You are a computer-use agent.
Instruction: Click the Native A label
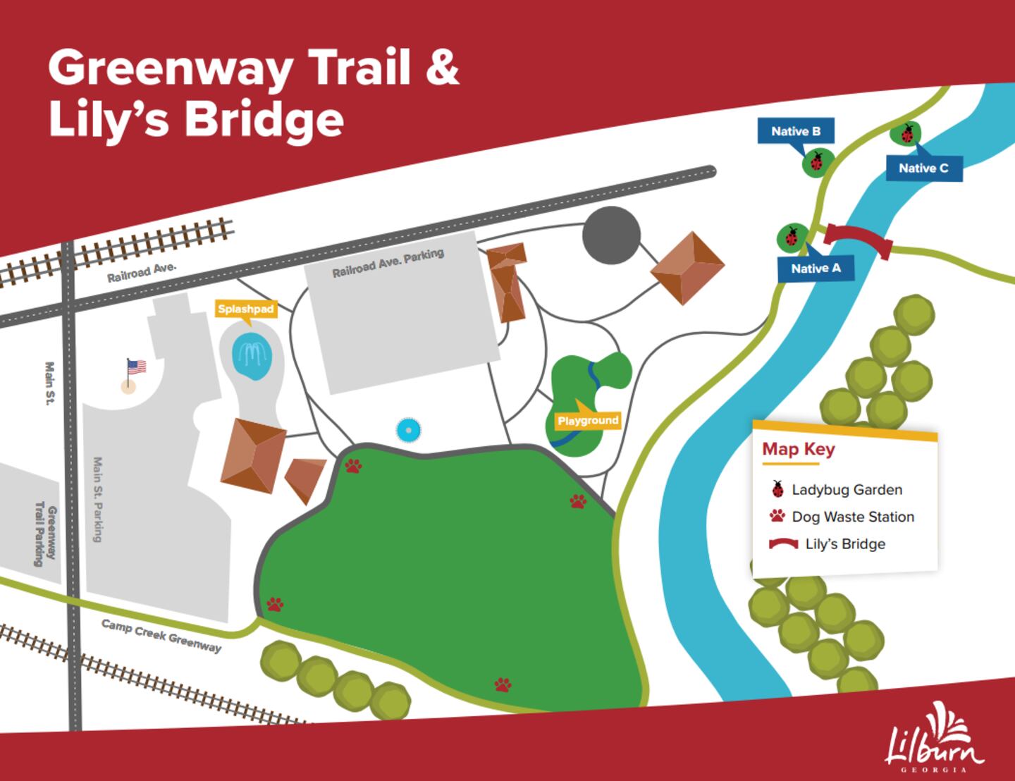pyautogui.click(x=816, y=269)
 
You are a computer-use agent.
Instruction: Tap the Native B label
pyautogui.click(x=796, y=131)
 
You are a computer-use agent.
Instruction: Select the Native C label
pyautogui.click(x=923, y=168)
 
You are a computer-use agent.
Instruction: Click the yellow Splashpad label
pyautogui.click(x=245, y=309)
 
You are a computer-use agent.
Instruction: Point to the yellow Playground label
pyautogui.click(x=588, y=421)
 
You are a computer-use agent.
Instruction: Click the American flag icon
pyautogui.click(x=135, y=368)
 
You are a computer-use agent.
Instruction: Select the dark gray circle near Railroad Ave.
pyautogui.click(x=612, y=235)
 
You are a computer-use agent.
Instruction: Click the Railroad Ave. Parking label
pyautogui.click(x=388, y=263)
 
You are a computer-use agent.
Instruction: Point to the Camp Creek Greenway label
pyautogui.click(x=161, y=636)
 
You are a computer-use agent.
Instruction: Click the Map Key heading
pyautogui.click(x=799, y=450)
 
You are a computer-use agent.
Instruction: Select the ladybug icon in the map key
pyautogui.click(x=777, y=488)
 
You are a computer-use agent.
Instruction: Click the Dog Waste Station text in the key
pyautogui.click(x=853, y=517)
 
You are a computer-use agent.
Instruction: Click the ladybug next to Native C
pyautogui.click(x=906, y=133)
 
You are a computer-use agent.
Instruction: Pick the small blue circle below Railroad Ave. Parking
pyautogui.click(x=407, y=429)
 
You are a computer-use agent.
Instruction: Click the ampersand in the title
pyautogui.click(x=442, y=68)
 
